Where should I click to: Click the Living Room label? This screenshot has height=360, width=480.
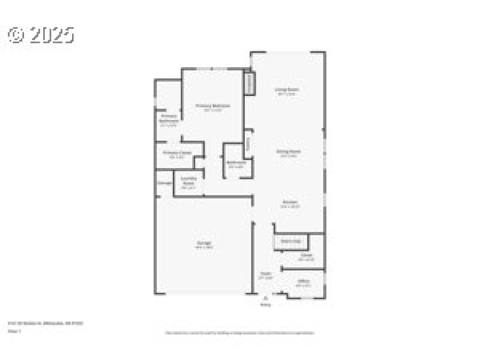click(x=287, y=90)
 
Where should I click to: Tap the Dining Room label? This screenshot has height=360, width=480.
click(x=288, y=152)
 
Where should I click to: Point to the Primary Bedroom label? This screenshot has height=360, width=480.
click(x=213, y=106)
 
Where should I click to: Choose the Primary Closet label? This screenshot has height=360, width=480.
click(x=178, y=154)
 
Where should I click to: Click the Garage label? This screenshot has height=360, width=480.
click(x=204, y=244)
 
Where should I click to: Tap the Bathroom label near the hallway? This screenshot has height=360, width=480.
click(x=236, y=164)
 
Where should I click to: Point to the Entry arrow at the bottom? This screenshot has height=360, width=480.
click(x=265, y=298)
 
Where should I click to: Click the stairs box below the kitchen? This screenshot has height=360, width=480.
click(x=291, y=241)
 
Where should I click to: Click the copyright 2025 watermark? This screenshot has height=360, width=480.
click(x=41, y=35)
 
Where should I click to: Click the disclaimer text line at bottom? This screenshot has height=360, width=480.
click(x=240, y=332)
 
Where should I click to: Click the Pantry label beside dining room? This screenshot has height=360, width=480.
click(x=247, y=145)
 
